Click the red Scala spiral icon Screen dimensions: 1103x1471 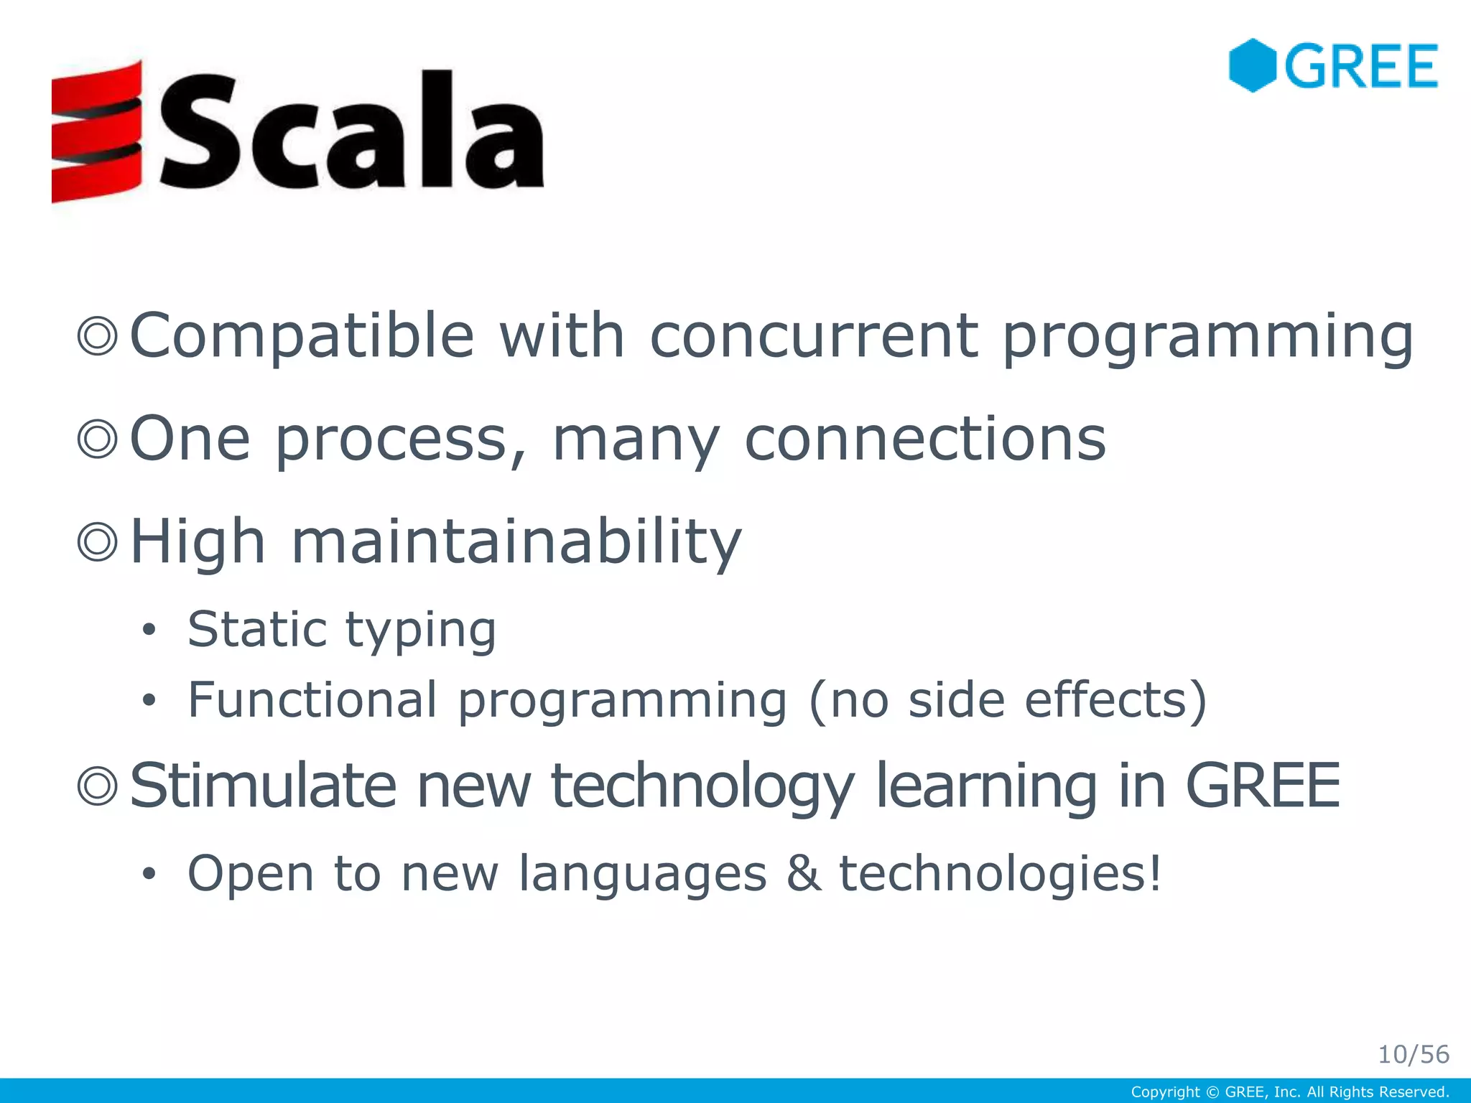click(x=96, y=131)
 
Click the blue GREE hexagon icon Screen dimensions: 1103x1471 click(x=1252, y=65)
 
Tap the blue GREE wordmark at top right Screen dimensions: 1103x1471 click(x=1361, y=66)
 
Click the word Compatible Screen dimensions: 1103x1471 click(x=302, y=336)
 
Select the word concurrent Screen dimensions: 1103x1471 click(x=814, y=336)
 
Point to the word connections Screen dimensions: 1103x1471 click(x=925, y=439)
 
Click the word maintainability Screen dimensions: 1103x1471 click(x=516, y=542)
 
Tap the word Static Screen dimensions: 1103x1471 click(x=258, y=629)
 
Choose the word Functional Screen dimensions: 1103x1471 click(x=312, y=699)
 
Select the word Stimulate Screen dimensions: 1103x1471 click(x=262, y=786)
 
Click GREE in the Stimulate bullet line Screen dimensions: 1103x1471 click(x=1262, y=786)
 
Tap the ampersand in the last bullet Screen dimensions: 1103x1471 click(x=804, y=873)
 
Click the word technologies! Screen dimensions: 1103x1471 click(x=1001, y=873)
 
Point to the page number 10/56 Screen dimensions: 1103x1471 click(x=1413, y=1054)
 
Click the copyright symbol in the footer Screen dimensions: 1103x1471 click(x=1212, y=1092)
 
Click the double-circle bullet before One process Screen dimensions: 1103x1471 click(x=97, y=439)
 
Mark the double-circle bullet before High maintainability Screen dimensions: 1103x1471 click(x=97, y=542)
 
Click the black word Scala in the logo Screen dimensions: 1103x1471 click(x=351, y=131)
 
